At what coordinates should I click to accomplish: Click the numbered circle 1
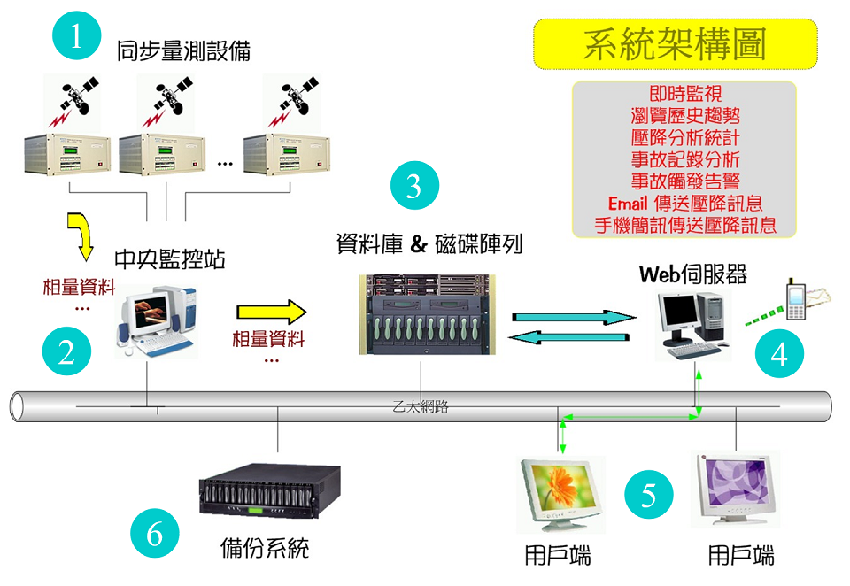[77, 37]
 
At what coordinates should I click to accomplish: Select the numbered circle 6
[155, 535]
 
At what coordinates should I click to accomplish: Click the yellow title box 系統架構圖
[675, 44]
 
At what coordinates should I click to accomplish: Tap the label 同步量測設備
[183, 51]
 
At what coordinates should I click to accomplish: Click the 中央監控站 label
[170, 259]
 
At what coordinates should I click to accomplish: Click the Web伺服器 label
[693, 274]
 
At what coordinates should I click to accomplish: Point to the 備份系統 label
[265, 548]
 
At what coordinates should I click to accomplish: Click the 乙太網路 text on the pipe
[421, 407]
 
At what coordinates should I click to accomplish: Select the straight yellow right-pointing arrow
[270, 312]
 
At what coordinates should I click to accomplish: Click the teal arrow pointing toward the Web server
[570, 316]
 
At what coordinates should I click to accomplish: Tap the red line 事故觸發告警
[685, 181]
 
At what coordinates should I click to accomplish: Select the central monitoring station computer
[156, 319]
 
